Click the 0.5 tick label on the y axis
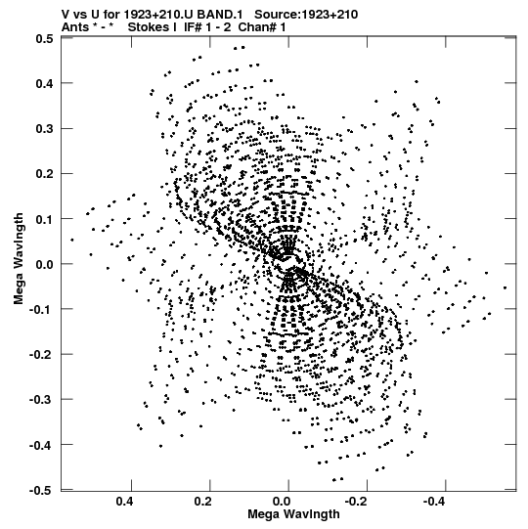[x=45, y=38]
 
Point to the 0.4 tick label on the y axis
[x=45, y=83]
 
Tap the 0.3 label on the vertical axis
[x=45, y=128]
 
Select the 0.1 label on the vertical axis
[x=45, y=219]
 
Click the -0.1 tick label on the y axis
[x=41, y=309]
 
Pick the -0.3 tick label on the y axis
[x=41, y=400]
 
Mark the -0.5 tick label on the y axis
[x=41, y=490]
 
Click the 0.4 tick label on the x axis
[x=124, y=502]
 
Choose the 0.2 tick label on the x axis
[x=203, y=502]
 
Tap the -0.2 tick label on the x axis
[x=357, y=502]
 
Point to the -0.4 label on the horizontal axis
[x=435, y=502]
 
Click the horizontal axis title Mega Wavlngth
[x=293, y=515]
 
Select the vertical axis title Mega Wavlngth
[x=19, y=259]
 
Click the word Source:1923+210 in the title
[x=306, y=15]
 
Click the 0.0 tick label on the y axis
[x=45, y=264]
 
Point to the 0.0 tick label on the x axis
[x=282, y=502]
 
